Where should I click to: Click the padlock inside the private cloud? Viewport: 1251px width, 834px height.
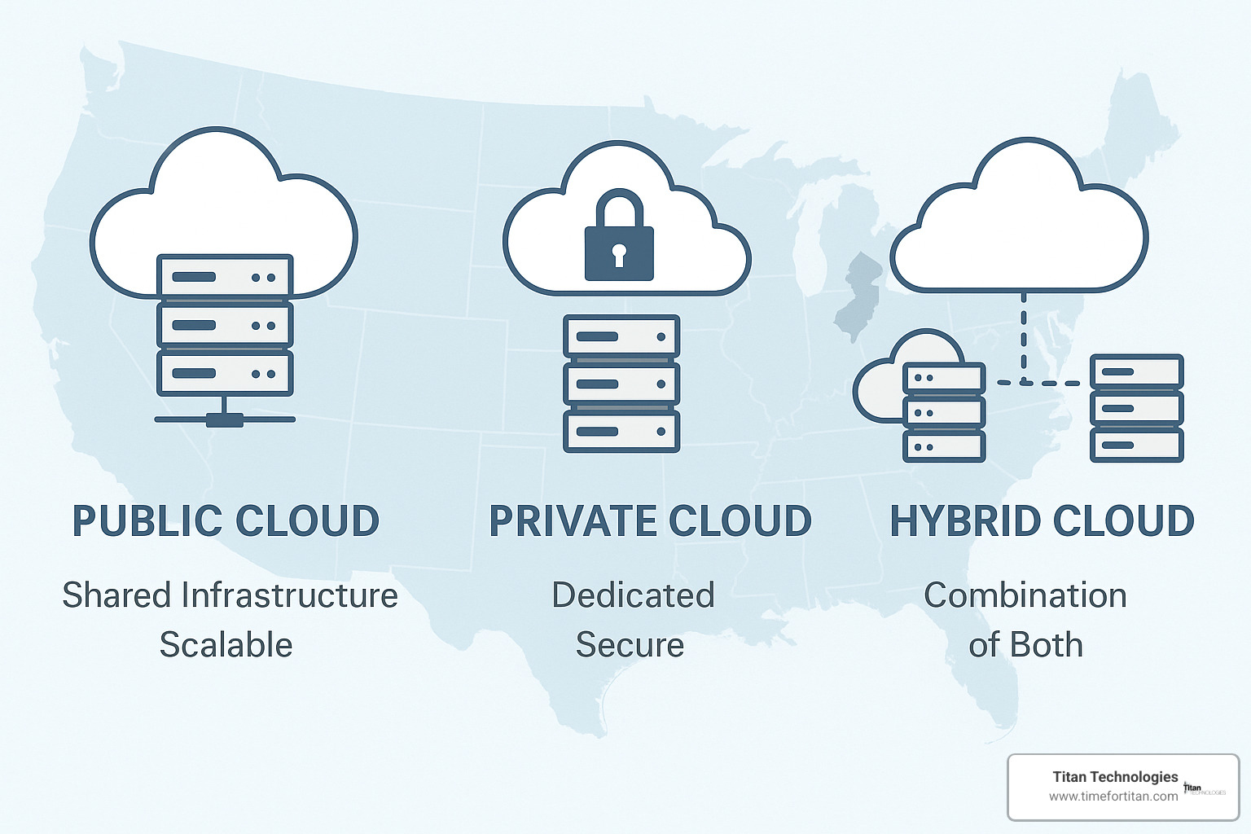tap(619, 237)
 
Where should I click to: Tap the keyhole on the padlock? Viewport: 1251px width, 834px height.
tap(619, 254)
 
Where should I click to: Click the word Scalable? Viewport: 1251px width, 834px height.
tap(226, 645)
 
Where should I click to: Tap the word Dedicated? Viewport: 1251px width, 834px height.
tap(633, 595)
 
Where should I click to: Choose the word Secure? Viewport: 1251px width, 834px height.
tap(630, 645)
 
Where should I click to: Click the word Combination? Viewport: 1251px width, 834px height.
tap(1025, 595)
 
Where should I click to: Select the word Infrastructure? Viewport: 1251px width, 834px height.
tap(289, 595)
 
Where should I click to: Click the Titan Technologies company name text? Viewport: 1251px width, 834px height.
tap(1115, 777)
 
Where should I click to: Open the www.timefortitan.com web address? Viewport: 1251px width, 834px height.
tap(1113, 797)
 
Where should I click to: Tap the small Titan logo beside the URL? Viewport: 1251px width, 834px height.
tap(1203, 788)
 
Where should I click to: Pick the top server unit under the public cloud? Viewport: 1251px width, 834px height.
tap(225, 277)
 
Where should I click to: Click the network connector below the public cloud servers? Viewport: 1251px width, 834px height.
tap(225, 419)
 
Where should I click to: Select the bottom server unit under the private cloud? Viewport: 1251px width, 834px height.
tap(621, 432)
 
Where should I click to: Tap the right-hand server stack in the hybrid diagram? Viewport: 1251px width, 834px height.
tap(1136, 408)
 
